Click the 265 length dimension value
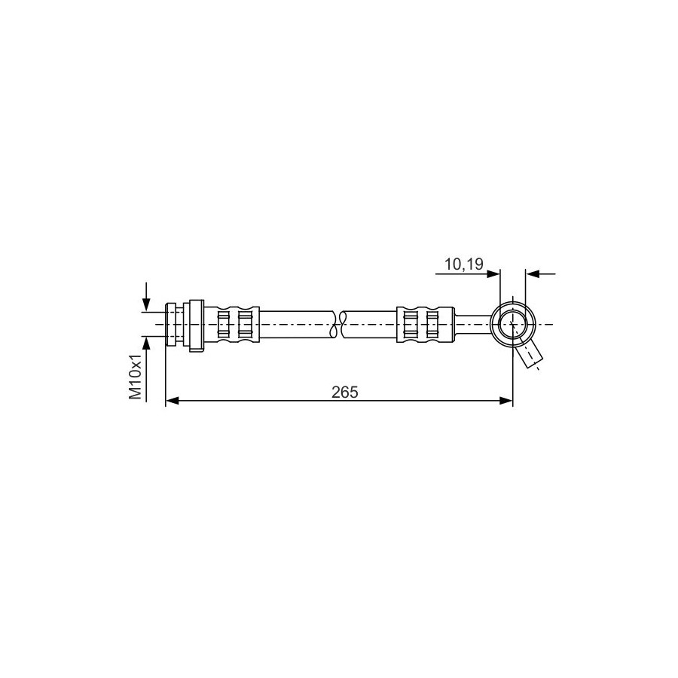tap(344, 392)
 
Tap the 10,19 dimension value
tap(464, 264)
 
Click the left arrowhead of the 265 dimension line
tap(172, 401)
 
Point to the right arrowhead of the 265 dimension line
tap(506, 401)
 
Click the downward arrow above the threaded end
tap(147, 297)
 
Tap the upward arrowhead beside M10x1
tap(147, 343)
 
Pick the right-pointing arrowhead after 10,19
tap(493, 273)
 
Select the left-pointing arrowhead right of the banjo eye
tap(533, 273)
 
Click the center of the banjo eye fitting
tap(512, 324)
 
